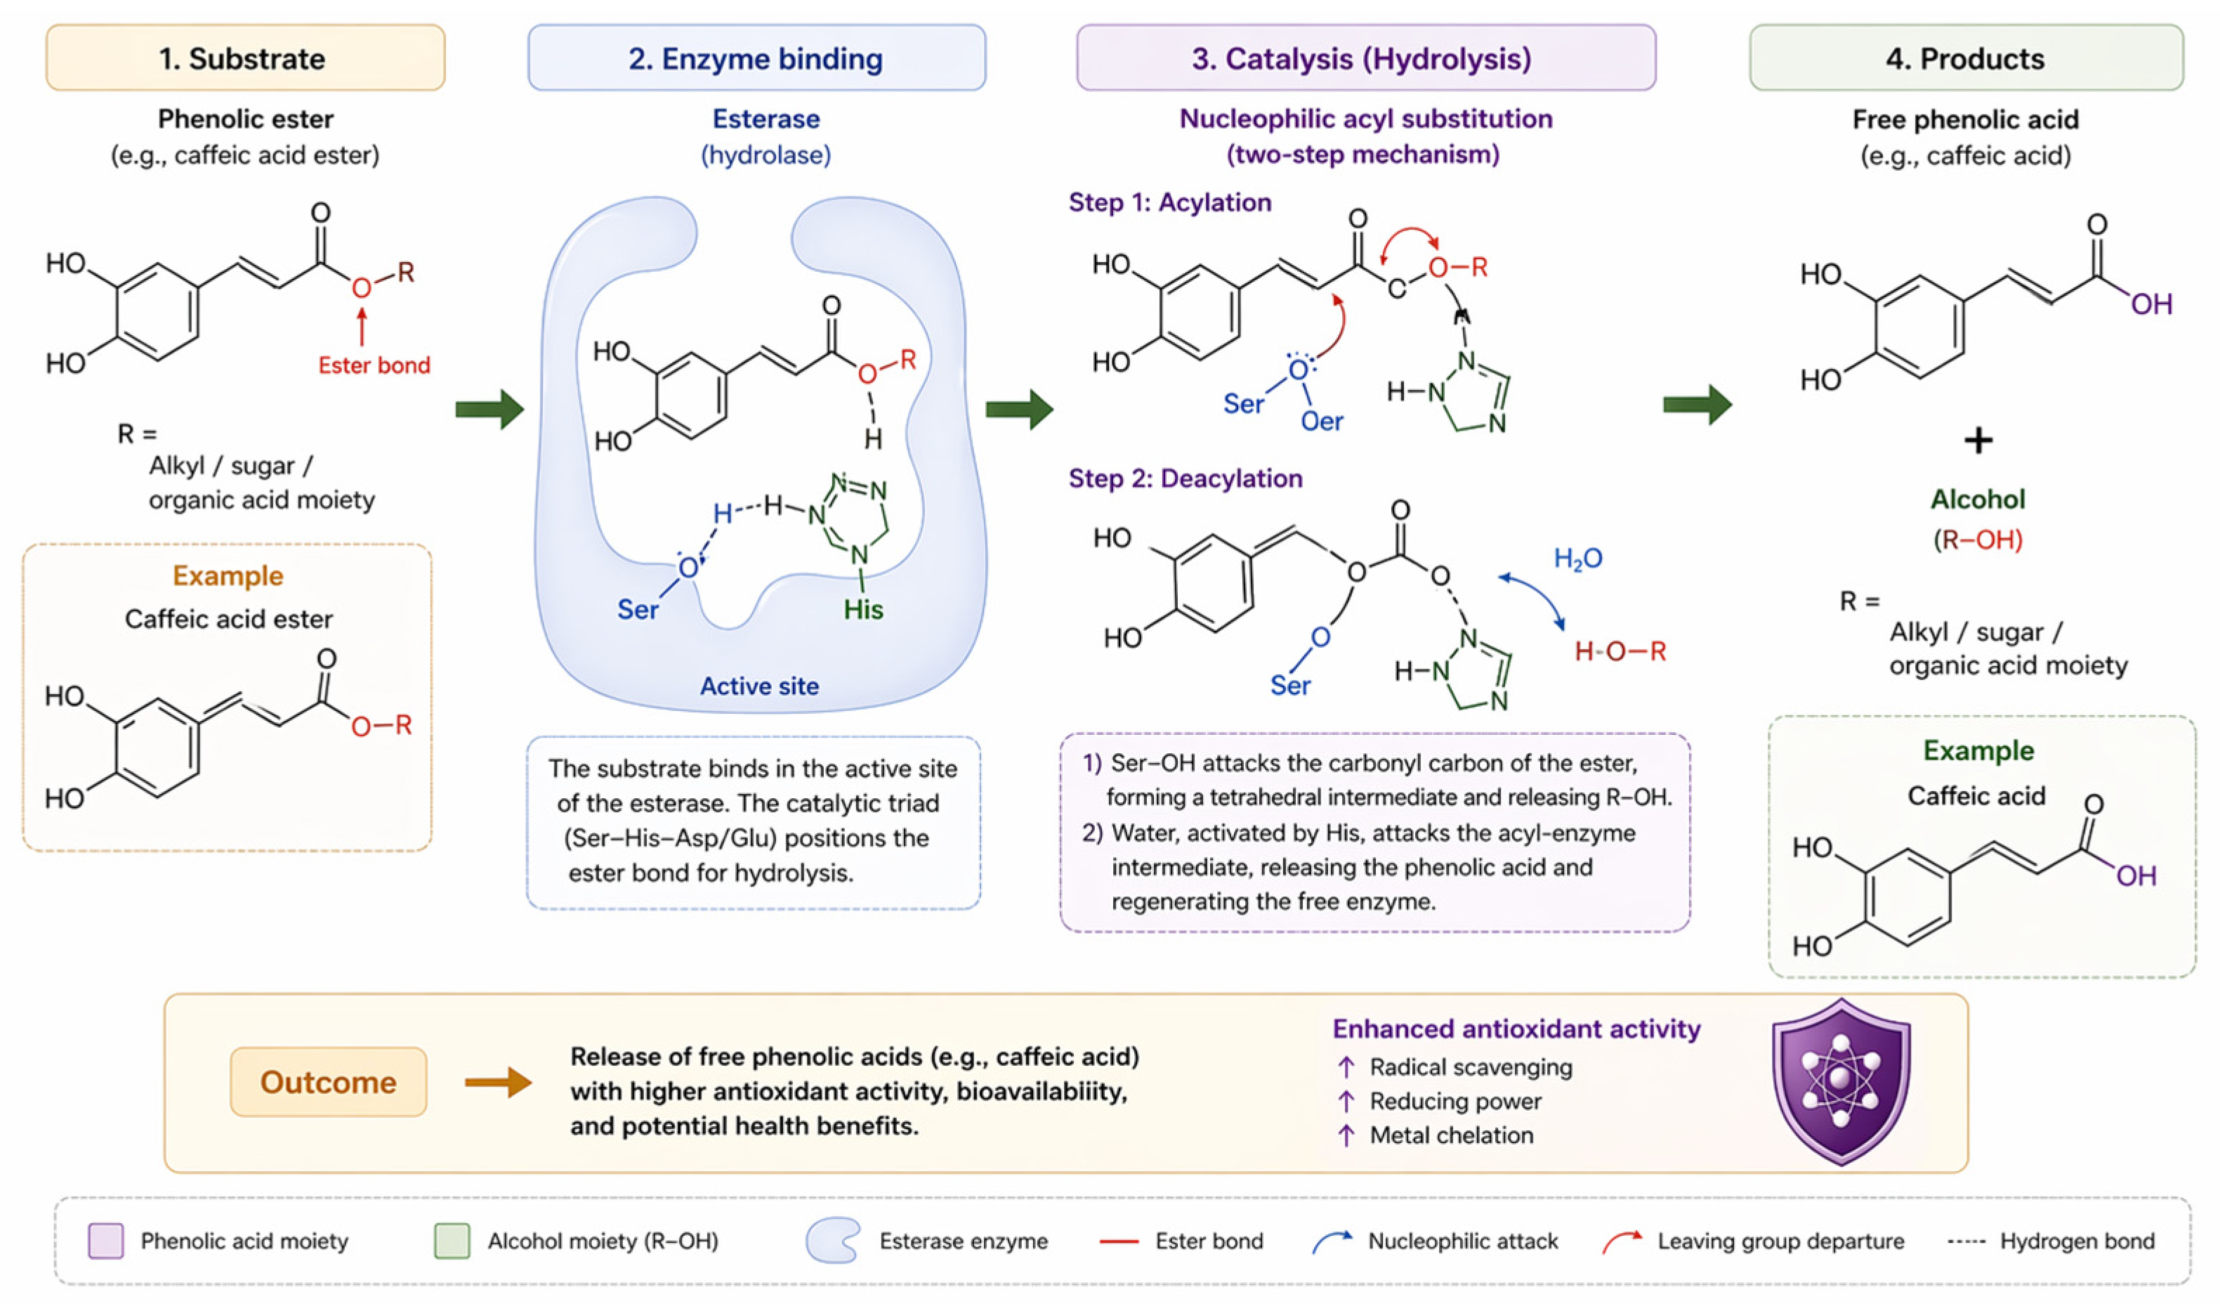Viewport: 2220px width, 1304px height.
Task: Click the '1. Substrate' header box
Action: [245, 58]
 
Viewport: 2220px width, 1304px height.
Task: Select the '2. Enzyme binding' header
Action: [756, 58]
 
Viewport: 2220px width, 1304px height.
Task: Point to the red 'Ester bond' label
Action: [374, 365]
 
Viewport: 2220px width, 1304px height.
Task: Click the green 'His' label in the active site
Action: [863, 609]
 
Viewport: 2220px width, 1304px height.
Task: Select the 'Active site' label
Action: [759, 686]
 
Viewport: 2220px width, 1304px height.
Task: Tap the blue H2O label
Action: [1578, 559]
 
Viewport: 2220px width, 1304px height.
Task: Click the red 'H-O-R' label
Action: [1620, 651]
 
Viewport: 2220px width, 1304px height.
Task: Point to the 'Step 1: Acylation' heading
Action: [1170, 202]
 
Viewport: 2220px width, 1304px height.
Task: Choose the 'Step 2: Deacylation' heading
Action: [1185, 478]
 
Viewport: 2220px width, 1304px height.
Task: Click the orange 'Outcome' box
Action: [329, 1082]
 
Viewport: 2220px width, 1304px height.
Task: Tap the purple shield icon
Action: [1841, 1082]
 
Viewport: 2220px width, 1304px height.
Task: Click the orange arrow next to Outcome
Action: [499, 1082]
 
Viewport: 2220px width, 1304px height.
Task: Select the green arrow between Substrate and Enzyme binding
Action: [490, 409]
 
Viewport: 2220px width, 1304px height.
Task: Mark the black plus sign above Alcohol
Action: [1978, 440]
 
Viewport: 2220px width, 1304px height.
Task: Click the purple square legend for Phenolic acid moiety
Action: [106, 1241]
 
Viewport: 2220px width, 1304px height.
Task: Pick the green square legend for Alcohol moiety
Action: [452, 1241]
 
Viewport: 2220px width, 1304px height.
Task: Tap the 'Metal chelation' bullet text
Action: [1451, 1135]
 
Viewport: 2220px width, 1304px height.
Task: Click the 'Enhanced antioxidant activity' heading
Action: [1516, 1029]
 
